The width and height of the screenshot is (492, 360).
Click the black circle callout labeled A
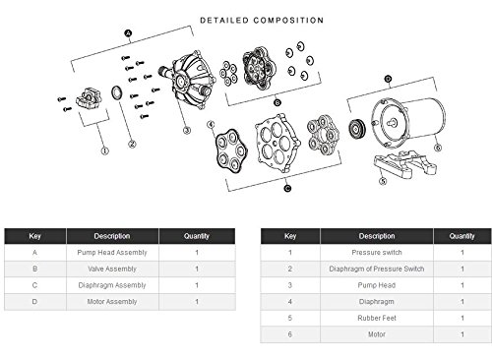coord(128,33)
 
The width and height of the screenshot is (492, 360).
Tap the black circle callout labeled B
coord(277,103)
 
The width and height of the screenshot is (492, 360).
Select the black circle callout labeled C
coord(287,188)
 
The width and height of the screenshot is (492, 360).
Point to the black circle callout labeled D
coord(388,79)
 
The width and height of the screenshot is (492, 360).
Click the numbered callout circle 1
coord(104,151)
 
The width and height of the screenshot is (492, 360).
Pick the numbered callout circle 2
coord(132,144)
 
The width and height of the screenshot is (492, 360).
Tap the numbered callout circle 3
coord(187,131)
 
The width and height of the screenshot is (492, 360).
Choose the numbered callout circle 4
coord(211,125)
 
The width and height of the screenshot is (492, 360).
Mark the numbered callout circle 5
coord(383,181)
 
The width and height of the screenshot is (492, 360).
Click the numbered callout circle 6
coord(438,148)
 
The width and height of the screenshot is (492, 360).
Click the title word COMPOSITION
coord(288,21)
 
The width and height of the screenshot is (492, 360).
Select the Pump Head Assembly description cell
coord(112,253)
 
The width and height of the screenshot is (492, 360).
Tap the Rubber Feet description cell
coord(377,318)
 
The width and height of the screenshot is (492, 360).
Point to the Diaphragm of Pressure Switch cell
coord(377,269)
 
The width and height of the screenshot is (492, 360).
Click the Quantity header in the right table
coord(462,236)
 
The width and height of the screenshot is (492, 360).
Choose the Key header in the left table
coord(35,236)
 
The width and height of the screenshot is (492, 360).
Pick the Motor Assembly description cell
coord(112,302)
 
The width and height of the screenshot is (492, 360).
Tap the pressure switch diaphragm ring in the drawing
coord(116,92)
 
